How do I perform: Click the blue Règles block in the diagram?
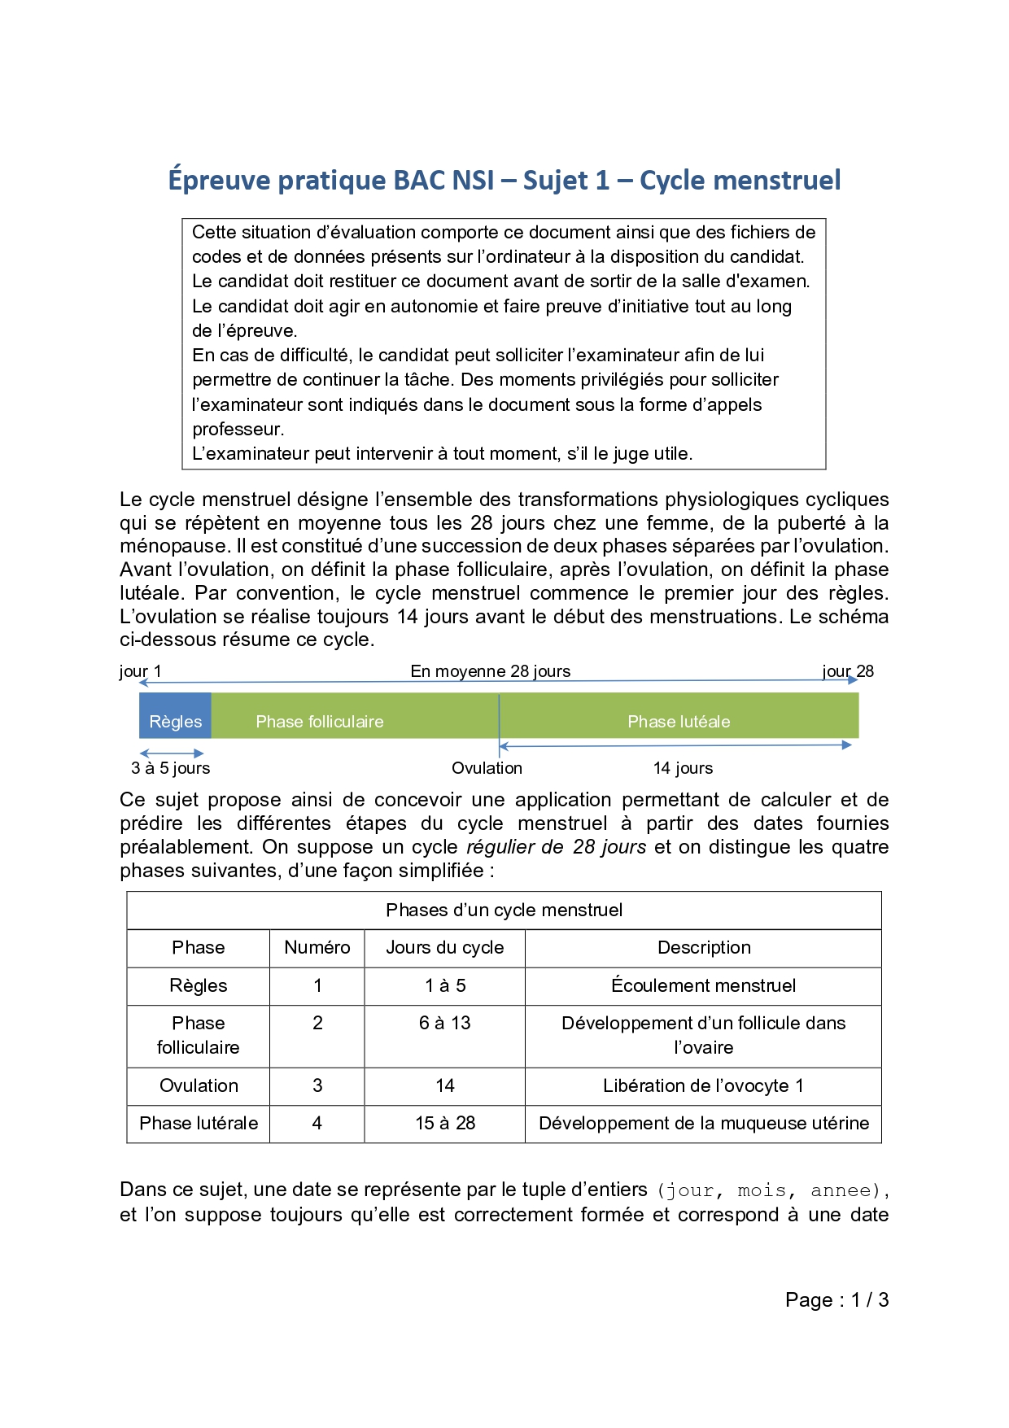tap(175, 716)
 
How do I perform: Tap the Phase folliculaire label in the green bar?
tap(319, 722)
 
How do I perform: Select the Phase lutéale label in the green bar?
tap(679, 722)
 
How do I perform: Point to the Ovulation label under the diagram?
tap(487, 768)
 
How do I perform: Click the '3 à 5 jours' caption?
tap(171, 768)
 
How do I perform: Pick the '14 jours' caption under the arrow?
tap(683, 768)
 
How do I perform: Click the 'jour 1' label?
tap(140, 671)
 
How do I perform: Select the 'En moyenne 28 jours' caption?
tap(490, 671)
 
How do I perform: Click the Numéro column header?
tap(317, 948)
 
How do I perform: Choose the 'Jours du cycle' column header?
tap(444, 948)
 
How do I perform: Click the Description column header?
tap(704, 948)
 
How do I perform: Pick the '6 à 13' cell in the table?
tap(444, 1024)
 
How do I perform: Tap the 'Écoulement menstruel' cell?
tap(704, 986)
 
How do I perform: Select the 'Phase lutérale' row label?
tap(199, 1124)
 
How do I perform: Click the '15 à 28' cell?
tap(444, 1124)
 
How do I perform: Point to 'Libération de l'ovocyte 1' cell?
tap(704, 1086)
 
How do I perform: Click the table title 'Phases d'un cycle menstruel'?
tap(504, 911)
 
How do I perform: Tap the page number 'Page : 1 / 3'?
tap(836, 1300)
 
